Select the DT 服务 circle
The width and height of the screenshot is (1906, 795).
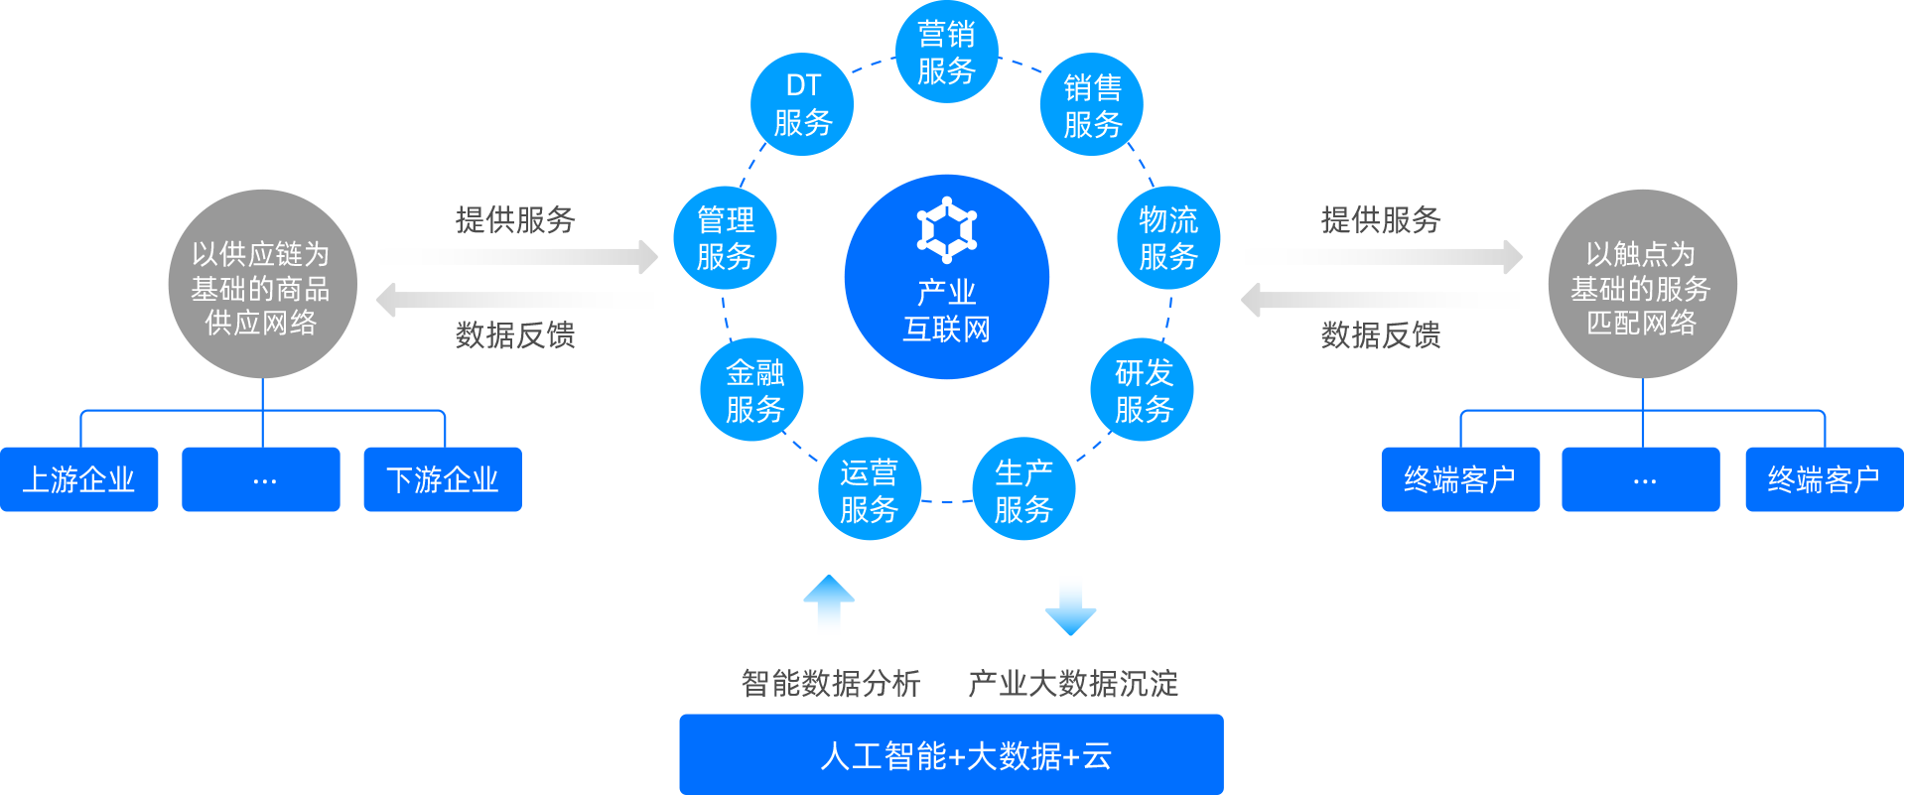click(802, 104)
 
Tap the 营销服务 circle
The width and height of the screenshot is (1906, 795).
click(946, 53)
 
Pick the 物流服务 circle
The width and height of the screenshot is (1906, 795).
click(1167, 238)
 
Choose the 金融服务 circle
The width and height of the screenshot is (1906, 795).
click(752, 390)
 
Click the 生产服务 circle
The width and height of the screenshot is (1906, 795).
click(1022, 490)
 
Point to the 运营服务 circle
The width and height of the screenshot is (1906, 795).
click(869, 490)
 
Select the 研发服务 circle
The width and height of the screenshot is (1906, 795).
click(1143, 390)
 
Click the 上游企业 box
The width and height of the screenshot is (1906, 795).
click(79, 479)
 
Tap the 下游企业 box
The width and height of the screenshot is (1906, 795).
click(443, 479)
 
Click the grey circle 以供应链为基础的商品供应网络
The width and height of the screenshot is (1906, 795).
click(262, 285)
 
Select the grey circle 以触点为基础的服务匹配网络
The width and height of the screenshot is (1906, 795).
click(1642, 285)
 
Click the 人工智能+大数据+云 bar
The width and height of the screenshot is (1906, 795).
click(951, 754)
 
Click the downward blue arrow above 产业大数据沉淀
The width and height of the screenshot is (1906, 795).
click(1070, 605)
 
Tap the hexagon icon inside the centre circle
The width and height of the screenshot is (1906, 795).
click(946, 230)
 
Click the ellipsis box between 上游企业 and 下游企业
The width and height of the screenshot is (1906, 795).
click(261, 479)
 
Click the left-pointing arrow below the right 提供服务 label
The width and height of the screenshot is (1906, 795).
click(1381, 300)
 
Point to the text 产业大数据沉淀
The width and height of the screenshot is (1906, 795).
click(1072, 683)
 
